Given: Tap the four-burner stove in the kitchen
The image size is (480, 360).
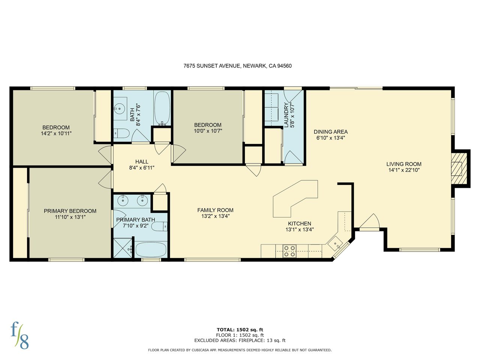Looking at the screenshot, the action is tap(289, 251).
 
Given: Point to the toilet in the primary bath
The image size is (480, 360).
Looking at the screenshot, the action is tap(159, 226).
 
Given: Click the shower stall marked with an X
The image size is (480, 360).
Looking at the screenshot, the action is tap(123, 248).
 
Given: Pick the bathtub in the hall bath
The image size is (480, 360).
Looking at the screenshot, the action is tap(162, 109).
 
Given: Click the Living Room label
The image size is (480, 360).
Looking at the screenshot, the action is tap(403, 164).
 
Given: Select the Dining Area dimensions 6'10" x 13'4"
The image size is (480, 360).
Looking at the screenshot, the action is tap(330, 138).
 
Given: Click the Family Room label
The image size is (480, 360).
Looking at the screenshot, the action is tap(215, 210).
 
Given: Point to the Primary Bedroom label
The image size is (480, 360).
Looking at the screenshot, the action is tap(70, 211).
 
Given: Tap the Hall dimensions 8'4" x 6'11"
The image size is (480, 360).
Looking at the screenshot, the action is tap(142, 168).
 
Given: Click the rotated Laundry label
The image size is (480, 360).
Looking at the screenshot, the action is tap(286, 115).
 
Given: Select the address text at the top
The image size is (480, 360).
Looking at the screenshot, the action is tap(237, 66).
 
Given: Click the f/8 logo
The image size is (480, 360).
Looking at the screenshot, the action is tap(19, 335).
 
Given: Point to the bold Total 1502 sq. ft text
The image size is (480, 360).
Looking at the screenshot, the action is tap(240, 330).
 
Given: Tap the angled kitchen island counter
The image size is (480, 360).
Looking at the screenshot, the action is tap(295, 199).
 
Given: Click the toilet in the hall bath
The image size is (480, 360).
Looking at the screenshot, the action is tap(121, 133).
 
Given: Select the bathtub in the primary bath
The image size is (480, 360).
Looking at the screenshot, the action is tap(151, 249).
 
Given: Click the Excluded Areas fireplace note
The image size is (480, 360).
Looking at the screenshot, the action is tap(240, 340).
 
